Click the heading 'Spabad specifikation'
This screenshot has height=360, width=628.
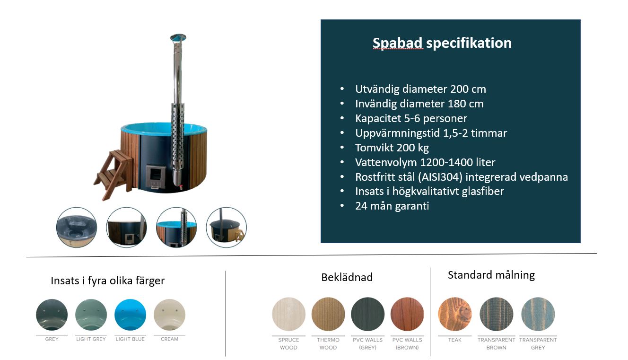(442, 44)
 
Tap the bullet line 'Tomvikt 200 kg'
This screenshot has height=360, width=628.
(392, 148)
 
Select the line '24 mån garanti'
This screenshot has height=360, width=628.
(392, 206)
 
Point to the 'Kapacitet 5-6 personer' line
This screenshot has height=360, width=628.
(411, 118)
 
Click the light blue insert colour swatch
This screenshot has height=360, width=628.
(131, 315)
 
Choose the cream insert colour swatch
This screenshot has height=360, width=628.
(170, 315)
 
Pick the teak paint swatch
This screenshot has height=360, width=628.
(455, 314)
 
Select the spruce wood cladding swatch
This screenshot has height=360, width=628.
(289, 314)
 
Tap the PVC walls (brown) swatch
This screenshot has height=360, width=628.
(407, 314)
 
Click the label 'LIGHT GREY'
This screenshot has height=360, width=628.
(91, 339)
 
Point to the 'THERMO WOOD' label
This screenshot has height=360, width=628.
(328, 344)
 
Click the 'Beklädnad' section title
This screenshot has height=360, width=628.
(347, 277)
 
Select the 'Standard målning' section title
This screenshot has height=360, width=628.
(491, 275)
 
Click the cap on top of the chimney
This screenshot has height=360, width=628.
(178, 37)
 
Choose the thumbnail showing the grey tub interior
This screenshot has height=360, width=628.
(77, 228)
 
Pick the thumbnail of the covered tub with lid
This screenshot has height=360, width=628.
(226, 228)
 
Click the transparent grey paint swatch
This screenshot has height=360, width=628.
(538, 314)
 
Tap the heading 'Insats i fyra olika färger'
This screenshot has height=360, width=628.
(108, 281)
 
